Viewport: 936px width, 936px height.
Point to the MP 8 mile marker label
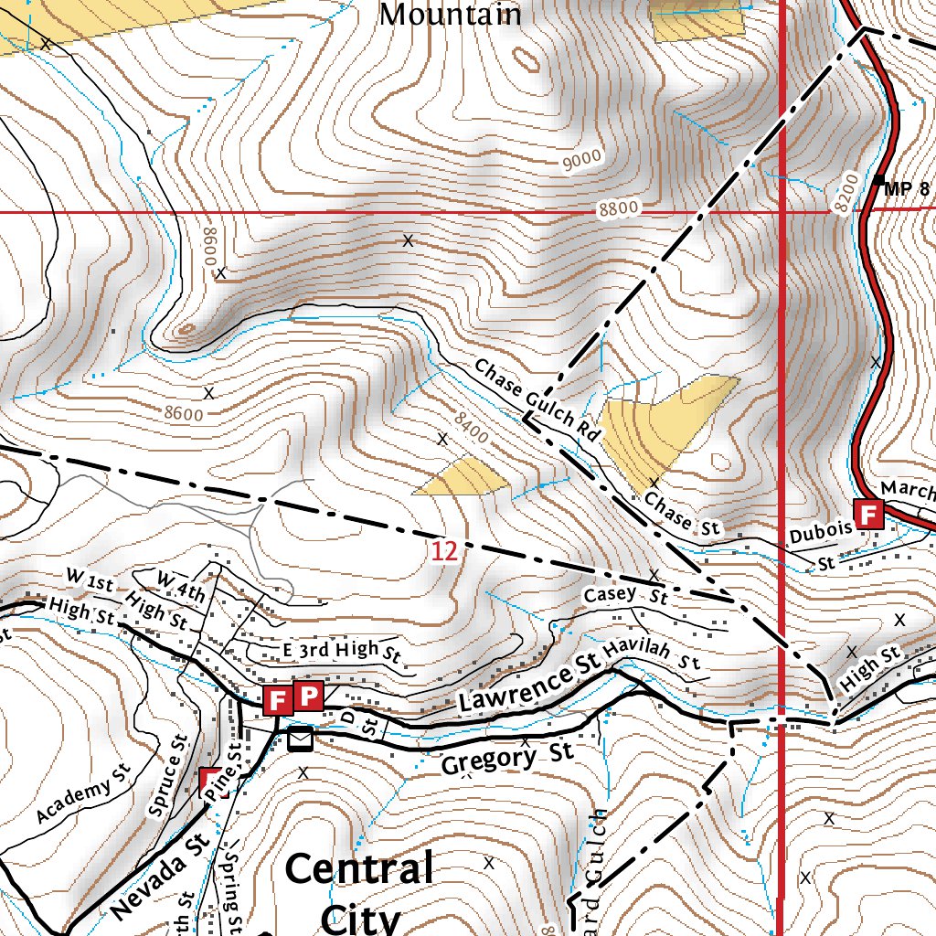click(x=906, y=189)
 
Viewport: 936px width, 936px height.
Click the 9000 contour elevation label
click(x=582, y=159)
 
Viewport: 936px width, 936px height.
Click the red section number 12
click(x=444, y=551)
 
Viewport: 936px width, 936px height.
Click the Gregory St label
click(x=505, y=758)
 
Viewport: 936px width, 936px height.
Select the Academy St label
click(x=85, y=801)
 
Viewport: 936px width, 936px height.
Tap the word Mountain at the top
click(x=450, y=14)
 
